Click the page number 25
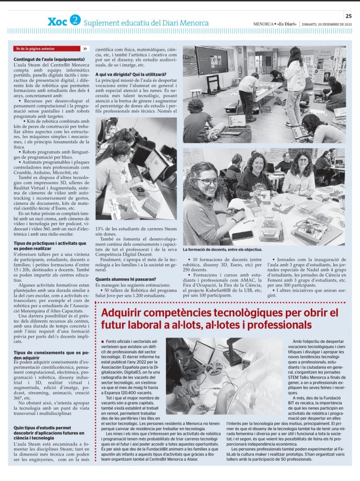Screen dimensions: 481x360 pos(348,15)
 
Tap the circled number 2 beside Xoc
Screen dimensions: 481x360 pos(75,21)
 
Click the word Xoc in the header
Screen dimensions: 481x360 pos(57,22)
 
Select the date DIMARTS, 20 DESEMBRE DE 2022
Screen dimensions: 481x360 pos(327,23)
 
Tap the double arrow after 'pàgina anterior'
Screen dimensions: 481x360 pos(85,48)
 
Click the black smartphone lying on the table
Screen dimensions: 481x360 pos(242,235)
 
